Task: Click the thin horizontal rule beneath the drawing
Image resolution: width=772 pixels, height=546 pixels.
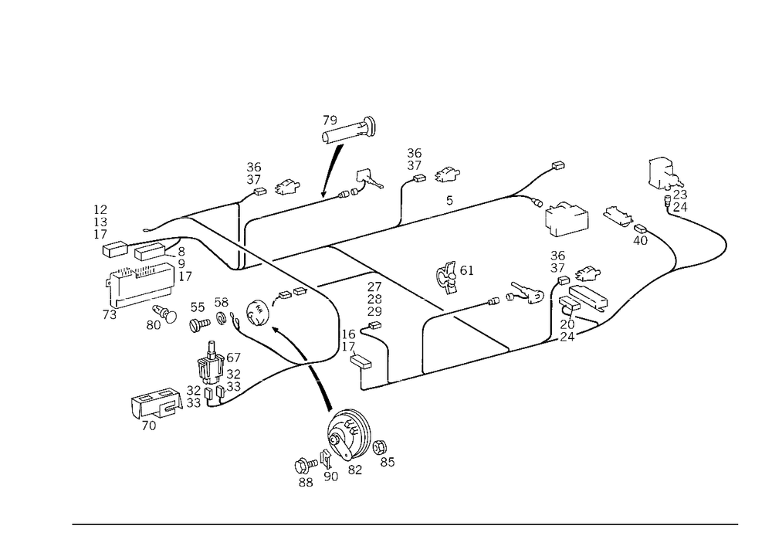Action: point(405,524)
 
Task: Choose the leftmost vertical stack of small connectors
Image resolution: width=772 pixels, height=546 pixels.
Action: point(100,221)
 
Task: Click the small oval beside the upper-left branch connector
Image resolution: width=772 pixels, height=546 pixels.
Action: point(287,185)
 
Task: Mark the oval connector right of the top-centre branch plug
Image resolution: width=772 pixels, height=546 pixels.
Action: point(445,177)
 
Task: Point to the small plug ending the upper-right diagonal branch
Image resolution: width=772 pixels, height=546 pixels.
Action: point(557,165)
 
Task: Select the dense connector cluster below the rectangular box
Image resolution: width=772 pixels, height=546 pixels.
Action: point(575,297)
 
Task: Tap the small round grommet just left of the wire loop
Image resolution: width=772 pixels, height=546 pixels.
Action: point(256,311)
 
